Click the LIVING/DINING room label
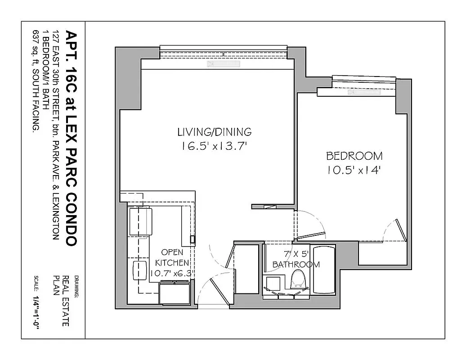[x=214, y=132]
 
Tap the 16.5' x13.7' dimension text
[x=214, y=146]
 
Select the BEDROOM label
[x=354, y=156]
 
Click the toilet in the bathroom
[x=297, y=279]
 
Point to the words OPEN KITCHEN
[x=172, y=257]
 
